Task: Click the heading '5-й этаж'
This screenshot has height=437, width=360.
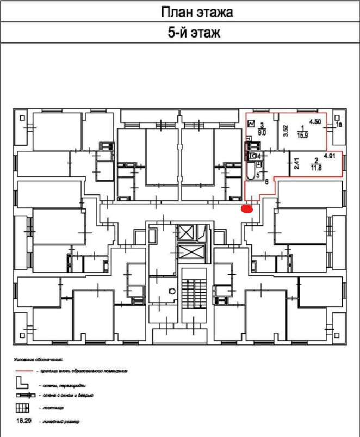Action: (x=194, y=34)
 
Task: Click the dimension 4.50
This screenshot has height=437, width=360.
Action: (x=315, y=122)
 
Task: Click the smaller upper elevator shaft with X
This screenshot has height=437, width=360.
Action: (x=187, y=232)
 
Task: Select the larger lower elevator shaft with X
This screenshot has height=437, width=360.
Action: (x=188, y=254)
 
